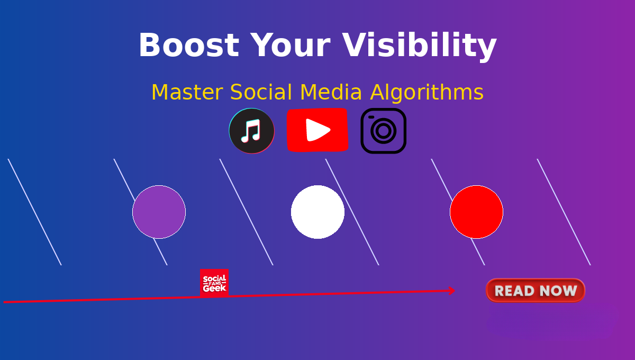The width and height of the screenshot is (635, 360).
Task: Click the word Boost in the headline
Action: click(x=189, y=45)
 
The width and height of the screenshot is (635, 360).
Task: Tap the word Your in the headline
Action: click(x=291, y=45)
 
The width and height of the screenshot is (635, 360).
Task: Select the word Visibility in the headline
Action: click(x=419, y=47)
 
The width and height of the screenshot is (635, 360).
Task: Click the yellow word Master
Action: click(x=187, y=92)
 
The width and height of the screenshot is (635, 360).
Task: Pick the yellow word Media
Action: click(x=331, y=92)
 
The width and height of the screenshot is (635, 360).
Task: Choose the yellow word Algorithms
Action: click(x=427, y=93)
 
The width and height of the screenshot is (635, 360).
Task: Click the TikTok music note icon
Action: click(x=252, y=131)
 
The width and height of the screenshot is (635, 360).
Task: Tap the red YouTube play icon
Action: click(x=317, y=130)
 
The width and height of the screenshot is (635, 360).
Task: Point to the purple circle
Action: click(x=159, y=212)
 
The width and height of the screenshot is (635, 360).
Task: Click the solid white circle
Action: click(x=318, y=212)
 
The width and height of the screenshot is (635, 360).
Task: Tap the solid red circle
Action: click(x=477, y=212)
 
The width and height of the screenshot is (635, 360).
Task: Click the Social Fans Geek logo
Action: click(x=214, y=283)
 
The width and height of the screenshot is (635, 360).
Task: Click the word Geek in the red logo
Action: click(x=214, y=288)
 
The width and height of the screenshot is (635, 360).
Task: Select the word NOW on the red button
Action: click(x=558, y=291)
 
